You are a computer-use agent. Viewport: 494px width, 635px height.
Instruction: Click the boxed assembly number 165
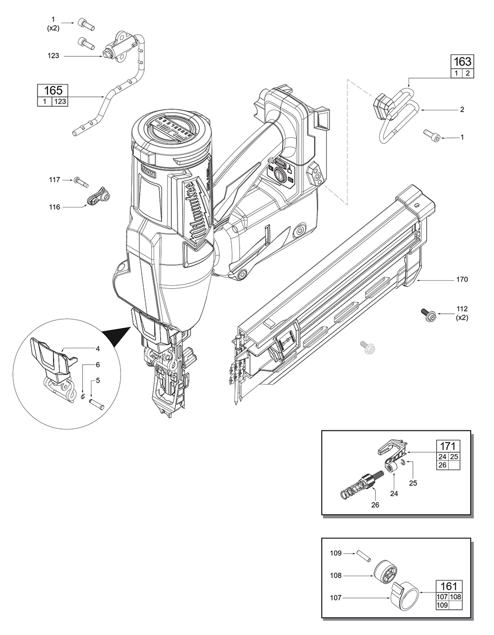[53, 90]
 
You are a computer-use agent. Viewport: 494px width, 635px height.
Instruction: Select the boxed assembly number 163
[462, 62]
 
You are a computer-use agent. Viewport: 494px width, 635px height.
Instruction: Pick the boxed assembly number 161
[449, 586]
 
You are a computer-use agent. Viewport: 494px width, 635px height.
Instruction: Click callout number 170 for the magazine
[462, 280]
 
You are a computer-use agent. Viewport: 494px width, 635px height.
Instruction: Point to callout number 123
[53, 56]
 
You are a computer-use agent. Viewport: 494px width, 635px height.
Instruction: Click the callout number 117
[54, 180]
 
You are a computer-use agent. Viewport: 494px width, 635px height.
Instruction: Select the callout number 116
[54, 207]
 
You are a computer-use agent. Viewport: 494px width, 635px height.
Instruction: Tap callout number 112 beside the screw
[462, 309]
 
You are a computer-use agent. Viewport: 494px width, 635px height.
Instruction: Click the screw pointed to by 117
[80, 181]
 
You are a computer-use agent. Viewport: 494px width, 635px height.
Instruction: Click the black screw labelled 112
[428, 315]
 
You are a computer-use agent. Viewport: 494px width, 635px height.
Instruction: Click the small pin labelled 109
[366, 555]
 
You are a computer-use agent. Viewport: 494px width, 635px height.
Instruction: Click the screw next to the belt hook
[429, 134]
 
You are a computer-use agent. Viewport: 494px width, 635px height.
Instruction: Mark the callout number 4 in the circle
[98, 348]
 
